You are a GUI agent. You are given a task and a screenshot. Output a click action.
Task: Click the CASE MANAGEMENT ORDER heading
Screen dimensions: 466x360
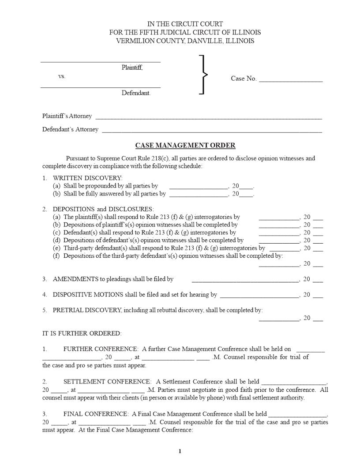pos(185,145)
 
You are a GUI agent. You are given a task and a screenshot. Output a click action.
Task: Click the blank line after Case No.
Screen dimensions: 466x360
pos(290,81)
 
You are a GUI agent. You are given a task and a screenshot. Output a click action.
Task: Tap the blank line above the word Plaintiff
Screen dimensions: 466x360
pos(101,62)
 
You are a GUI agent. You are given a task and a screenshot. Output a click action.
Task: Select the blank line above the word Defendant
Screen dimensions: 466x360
pos(101,87)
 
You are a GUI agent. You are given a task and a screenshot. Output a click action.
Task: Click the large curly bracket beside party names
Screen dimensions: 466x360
pos(203,75)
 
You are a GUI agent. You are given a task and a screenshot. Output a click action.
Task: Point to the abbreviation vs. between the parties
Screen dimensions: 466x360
pos(62,76)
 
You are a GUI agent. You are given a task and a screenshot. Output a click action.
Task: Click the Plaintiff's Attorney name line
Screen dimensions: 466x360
pos(208,118)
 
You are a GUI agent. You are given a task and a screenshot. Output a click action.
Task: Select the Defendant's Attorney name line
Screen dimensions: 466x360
pos(212,132)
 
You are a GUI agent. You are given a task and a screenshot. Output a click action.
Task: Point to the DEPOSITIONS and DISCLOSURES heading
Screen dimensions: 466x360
pos(103,209)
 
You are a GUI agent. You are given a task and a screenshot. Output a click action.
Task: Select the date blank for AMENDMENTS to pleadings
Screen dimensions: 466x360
pos(245,281)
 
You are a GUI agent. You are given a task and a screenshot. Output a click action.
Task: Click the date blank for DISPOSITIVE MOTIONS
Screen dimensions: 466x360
pos(259,297)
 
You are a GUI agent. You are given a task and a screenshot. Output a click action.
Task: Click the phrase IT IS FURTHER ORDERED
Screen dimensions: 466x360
pos(82,333)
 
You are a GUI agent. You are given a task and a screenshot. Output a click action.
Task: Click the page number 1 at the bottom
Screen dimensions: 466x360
pos(180,451)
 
